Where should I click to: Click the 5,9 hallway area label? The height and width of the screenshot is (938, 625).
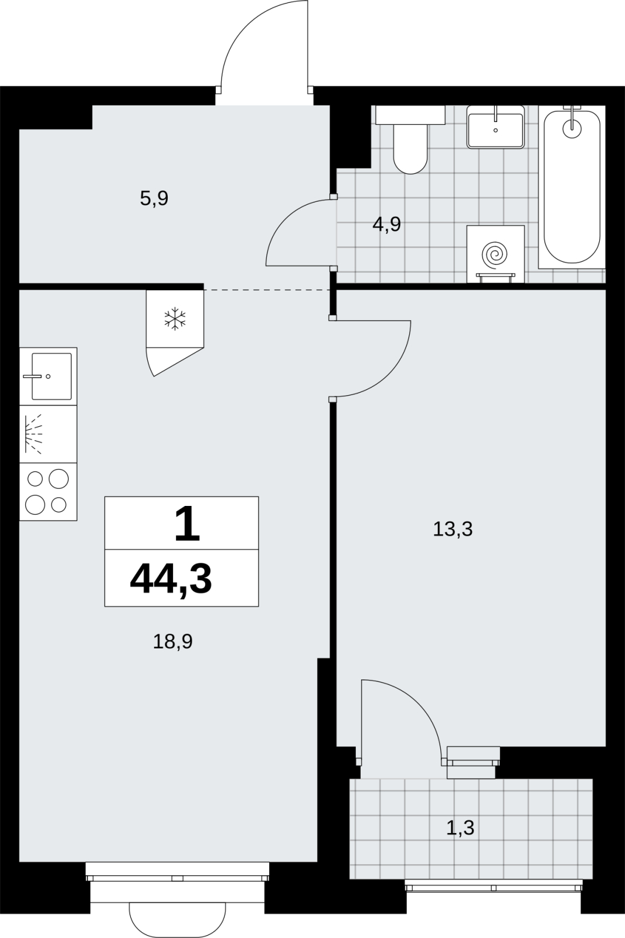(154, 198)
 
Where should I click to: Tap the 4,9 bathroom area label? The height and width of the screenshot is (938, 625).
(386, 225)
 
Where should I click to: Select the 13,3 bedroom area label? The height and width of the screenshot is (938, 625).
(453, 529)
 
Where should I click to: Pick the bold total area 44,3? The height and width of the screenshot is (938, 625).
(171, 579)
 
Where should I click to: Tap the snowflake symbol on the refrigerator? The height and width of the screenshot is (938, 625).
(175, 318)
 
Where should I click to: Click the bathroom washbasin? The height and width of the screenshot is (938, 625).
(495, 127)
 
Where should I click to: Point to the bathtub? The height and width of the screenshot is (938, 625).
(572, 187)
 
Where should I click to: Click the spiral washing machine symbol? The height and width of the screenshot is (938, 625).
(495, 253)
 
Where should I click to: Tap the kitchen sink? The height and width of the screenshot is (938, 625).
(48, 376)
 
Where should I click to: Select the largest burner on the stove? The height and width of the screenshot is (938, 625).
(59, 478)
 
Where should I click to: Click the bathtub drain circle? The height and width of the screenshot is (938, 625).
(572, 128)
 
